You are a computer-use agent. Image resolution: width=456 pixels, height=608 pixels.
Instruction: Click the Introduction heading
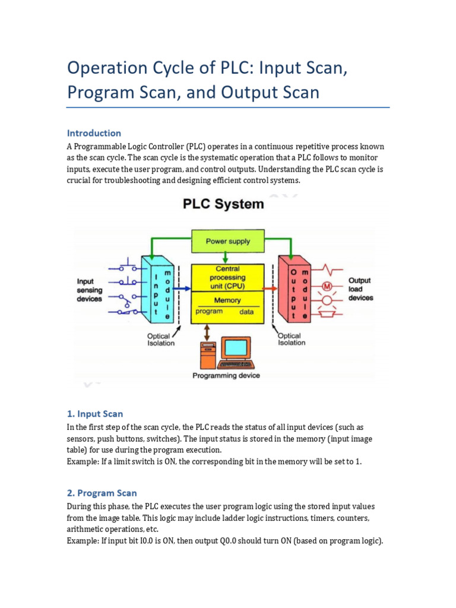tap(94, 133)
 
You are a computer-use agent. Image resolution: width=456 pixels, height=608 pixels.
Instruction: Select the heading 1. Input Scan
tap(94, 413)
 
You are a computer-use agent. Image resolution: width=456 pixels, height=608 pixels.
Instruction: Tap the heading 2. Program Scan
tap(102, 493)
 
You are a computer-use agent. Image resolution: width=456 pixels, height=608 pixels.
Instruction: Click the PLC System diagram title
tap(222, 204)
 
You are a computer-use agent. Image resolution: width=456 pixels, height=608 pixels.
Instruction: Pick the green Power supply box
tap(227, 242)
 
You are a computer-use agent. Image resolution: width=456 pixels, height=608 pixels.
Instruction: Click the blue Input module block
tap(156, 289)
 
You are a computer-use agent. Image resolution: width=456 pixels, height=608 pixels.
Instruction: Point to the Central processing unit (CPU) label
tap(227, 277)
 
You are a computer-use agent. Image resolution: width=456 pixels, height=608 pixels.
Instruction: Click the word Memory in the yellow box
tap(227, 300)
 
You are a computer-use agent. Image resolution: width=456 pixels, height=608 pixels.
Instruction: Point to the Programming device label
tap(226, 375)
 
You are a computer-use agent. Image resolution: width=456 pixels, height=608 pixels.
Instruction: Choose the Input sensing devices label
tap(90, 290)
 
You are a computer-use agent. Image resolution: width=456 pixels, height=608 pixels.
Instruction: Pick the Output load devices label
tap(360, 289)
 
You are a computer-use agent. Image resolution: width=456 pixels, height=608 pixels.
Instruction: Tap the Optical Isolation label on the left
tap(161, 339)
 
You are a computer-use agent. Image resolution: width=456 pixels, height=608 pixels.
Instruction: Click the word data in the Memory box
tap(246, 312)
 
